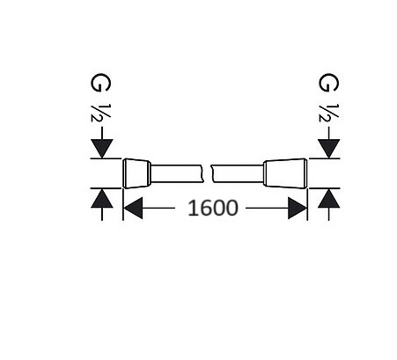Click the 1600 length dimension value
pos(213,208)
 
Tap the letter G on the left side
pos(100,83)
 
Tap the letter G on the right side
pos(328,83)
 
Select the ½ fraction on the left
pos(100,113)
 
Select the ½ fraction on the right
pos(328,113)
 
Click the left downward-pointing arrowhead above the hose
pos(102,149)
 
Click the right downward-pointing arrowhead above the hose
pos(329,149)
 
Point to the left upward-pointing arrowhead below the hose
pos(102,199)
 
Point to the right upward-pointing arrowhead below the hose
pos(329,199)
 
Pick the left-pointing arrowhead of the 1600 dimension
pos(133,208)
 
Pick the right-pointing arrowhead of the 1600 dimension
pos(298,208)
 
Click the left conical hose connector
pos(136,173)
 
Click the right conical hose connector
pos(285,173)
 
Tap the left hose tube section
pos(177,173)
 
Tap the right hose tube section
pos(238,173)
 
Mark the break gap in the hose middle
pos(208,173)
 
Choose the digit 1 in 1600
pos(192,208)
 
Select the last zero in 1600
pos(232,208)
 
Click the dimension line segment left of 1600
pos(158,208)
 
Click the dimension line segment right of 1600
pos(267,208)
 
